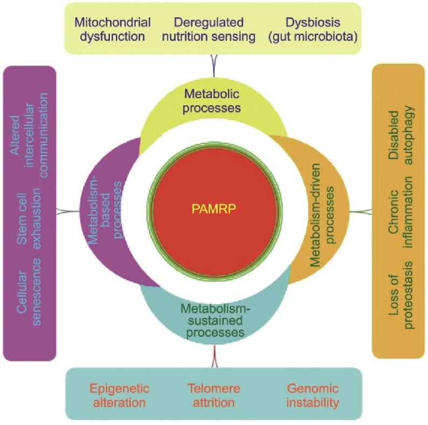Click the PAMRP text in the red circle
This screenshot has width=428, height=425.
[x=213, y=209]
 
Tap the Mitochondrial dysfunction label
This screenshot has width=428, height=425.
[x=113, y=29]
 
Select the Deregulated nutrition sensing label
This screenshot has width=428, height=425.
[x=209, y=29]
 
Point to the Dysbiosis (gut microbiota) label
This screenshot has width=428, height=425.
[x=313, y=29]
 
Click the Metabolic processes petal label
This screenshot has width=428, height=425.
[x=211, y=101]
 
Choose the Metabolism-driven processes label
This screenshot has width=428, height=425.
[x=322, y=215]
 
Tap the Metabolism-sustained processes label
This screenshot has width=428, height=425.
[x=216, y=320]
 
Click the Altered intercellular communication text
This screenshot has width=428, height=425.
[x=29, y=135]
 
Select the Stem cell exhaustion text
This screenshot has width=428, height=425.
[x=29, y=219]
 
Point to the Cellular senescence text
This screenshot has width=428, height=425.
[x=29, y=292]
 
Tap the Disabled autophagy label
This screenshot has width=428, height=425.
[x=401, y=135]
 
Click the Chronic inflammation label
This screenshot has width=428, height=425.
[x=401, y=212]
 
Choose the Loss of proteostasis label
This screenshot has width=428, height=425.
[x=401, y=295]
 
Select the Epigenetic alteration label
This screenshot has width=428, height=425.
[x=120, y=395]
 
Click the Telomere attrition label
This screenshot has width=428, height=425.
[x=213, y=395]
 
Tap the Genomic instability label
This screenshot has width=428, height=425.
[x=313, y=395]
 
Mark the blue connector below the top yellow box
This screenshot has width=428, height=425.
[x=214, y=66]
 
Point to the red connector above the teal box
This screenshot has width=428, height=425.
[x=215, y=357]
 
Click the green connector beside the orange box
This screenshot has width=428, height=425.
[x=361, y=211]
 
